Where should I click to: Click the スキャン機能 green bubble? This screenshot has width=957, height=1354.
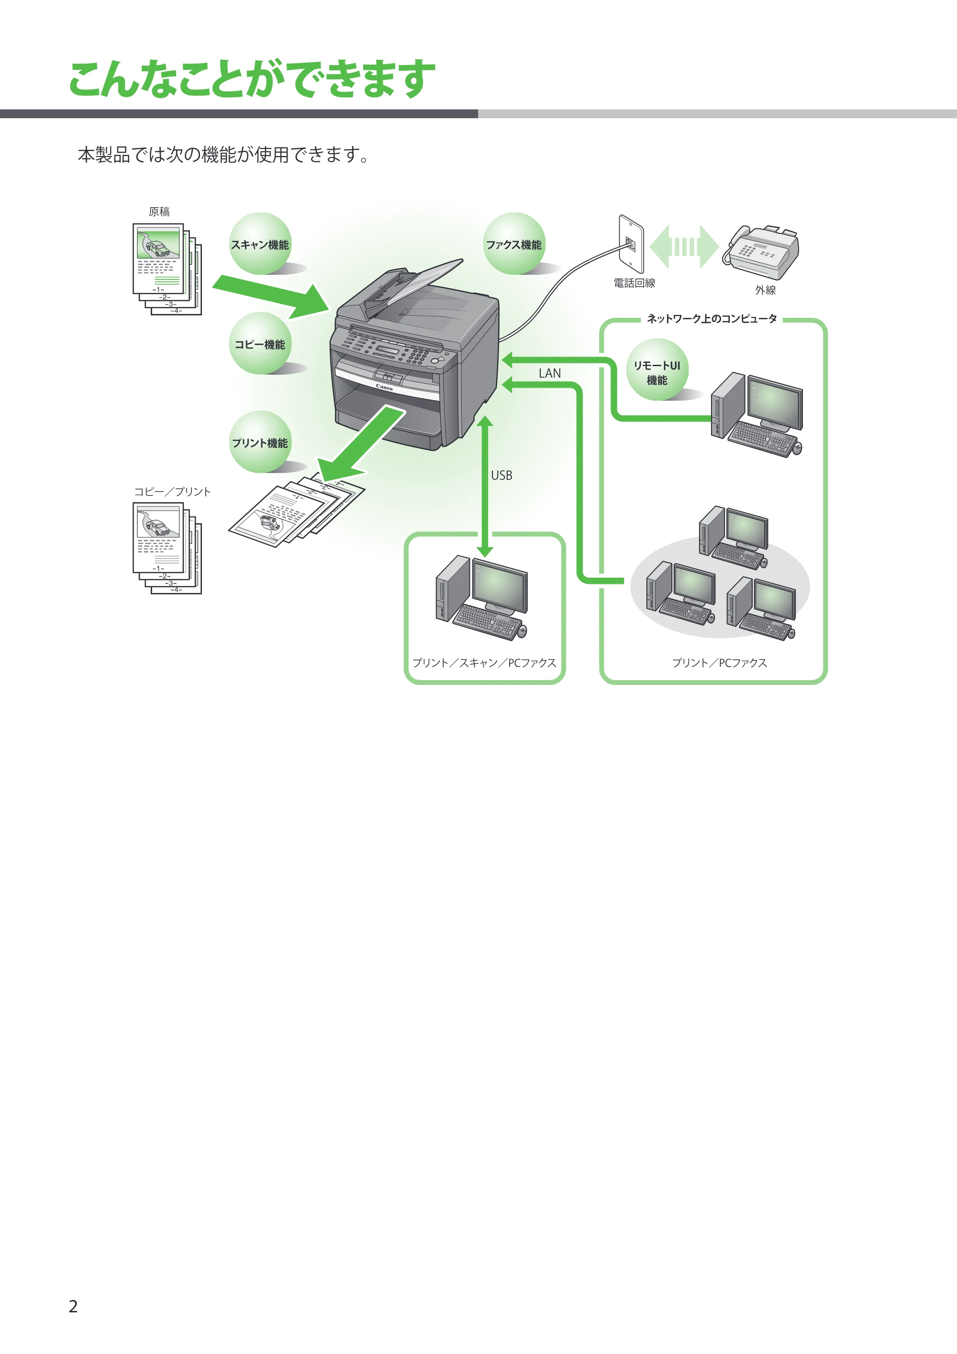pyautogui.click(x=260, y=244)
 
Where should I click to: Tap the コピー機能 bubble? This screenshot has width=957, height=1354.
pyautogui.click(x=260, y=343)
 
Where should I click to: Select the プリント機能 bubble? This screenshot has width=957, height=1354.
pyautogui.click(x=260, y=442)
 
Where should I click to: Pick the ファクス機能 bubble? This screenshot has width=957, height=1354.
pyautogui.click(x=514, y=244)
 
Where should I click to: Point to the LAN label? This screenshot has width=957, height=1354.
pyautogui.click(x=549, y=373)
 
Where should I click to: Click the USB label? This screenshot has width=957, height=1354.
pyautogui.click(x=502, y=475)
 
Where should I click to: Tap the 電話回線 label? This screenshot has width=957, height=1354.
pyautogui.click(x=634, y=283)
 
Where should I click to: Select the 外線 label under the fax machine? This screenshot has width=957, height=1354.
pyautogui.click(x=766, y=290)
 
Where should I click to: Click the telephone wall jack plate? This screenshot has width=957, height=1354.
pyautogui.click(x=631, y=244)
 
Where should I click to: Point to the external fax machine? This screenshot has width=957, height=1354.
pyautogui.click(x=762, y=252)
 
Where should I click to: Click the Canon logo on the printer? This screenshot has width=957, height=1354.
pyautogui.click(x=384, y=388)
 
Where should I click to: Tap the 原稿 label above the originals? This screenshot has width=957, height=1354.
pyautogui.click(x=159, y=212)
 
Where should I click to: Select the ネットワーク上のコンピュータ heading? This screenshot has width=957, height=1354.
pyautogui.click(x=712, y=318)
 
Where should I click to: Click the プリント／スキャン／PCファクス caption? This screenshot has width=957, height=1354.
pyautogui.click(x=484, y=663)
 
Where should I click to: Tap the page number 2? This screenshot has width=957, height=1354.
pyautogui.click(x=73, y=1306)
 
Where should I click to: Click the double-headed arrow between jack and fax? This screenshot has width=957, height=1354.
pyautogui.click(x=684, y=246)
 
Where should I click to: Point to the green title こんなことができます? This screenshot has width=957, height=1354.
pyautogui.click(x=252, y=78)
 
